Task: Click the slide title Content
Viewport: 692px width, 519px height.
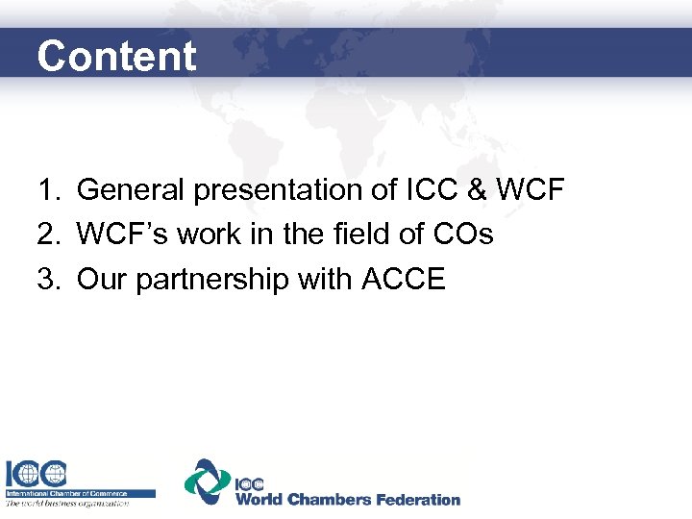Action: [x=115, y=56]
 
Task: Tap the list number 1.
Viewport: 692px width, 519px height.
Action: [x=50, y=190]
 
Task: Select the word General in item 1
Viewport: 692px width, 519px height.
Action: [x=132, y=190]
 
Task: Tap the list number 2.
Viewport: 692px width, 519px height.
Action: [x=50, y=235]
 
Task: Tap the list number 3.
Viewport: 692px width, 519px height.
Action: [x=50, y=279]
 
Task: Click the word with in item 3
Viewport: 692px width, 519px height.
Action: [x=327, y=279]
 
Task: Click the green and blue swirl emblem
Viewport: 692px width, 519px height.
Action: [x=208, y=482]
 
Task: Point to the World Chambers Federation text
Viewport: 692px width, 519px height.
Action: [x=348, y=499]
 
